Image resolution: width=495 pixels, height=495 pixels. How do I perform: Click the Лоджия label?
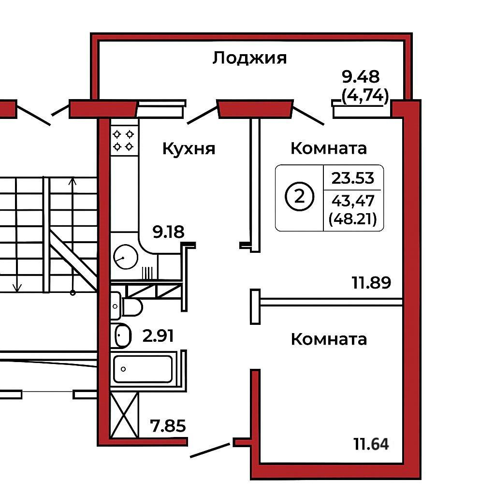tap(249, 58)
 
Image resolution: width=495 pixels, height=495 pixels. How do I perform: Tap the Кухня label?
tap(189, 148)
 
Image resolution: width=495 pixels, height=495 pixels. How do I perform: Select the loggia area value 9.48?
tap(361, 76)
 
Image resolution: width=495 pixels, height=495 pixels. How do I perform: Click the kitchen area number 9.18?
tap(168, 233)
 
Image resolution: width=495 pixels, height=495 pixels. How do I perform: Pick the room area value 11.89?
tap(371, 282)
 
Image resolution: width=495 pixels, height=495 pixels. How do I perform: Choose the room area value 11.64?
tap(371, 443)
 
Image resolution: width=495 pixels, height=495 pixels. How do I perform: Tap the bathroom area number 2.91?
tap(158, 335)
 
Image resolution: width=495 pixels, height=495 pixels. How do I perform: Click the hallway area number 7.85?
tap(168, 427)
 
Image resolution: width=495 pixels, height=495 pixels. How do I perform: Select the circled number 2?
tap(299, 198)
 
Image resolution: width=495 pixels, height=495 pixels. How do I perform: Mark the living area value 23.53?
tap(353, 178)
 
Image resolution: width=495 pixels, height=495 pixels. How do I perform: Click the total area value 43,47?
tap(353, 200)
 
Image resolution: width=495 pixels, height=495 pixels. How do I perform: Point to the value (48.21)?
tap(353, 220)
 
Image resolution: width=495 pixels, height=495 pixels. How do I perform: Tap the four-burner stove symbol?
tap(123, 140)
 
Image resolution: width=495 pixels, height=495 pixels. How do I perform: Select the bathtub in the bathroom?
tap(143, 369)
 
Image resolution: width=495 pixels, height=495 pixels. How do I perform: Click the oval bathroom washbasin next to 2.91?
tap(123, 335)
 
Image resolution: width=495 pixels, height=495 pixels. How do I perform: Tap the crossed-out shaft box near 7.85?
tap(124, 415)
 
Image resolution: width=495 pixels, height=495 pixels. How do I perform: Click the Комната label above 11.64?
tap(329, 339)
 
